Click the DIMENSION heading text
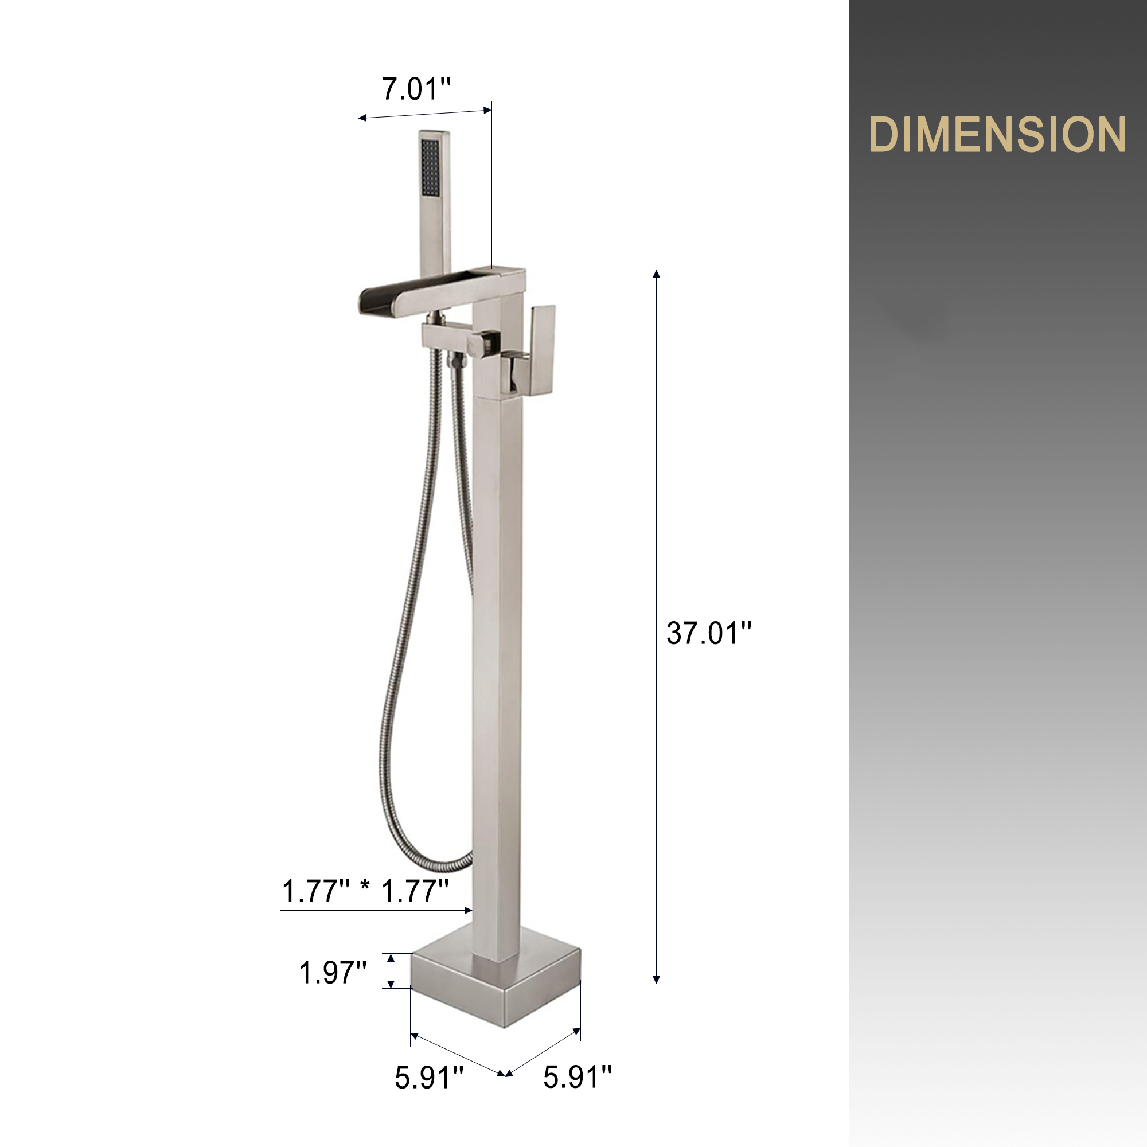tap(997, 134)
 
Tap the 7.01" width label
tap(416, 89)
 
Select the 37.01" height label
tap(709, 633)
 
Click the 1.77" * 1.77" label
tap(365, 891)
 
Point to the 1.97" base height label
tap(333, 973)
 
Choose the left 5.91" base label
tap(428, 1077)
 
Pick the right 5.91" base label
tap(577, 1077)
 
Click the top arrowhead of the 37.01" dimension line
tap(656, 274)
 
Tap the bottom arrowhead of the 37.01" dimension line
tap(656, 979)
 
